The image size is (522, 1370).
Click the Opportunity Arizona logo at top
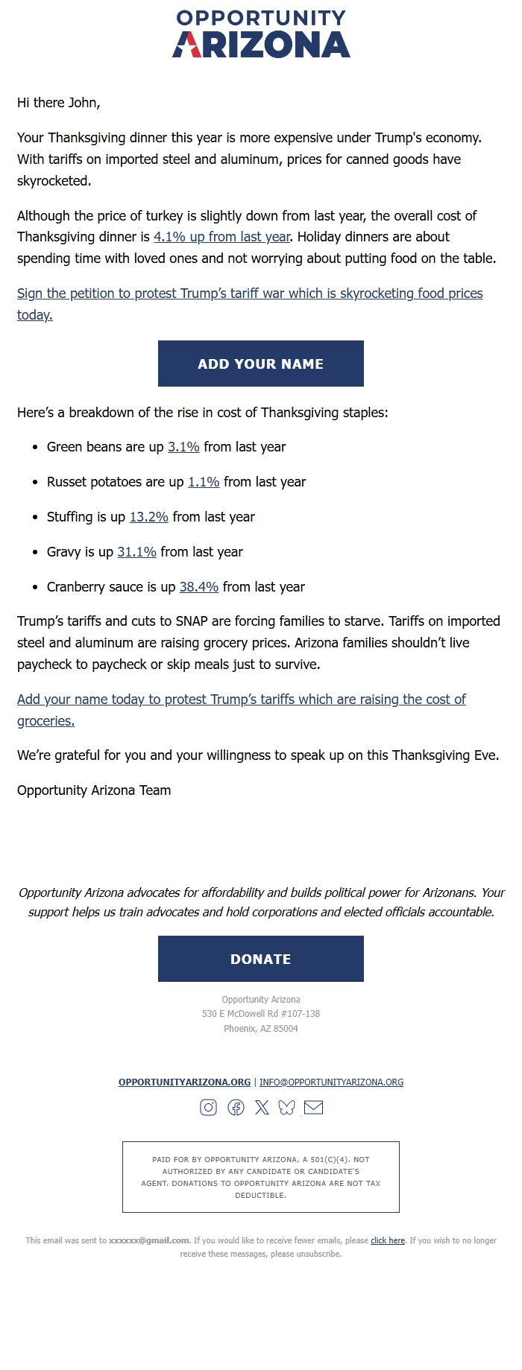[x=261, y=34]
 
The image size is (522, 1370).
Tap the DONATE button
[x=261, y=959]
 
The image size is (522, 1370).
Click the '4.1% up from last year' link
[x=221, y=237]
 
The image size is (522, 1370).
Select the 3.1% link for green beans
[x=183, y=447]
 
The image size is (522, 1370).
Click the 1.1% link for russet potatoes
[x=204, y=482]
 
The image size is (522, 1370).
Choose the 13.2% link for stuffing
[x=148, y=517]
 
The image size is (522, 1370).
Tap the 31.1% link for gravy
[x=136, y=552]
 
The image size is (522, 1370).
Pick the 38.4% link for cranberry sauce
[x=199, y=587]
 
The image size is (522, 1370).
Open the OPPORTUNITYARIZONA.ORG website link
[x=184, y=1082]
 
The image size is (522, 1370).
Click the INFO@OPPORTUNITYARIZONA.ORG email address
[x=331, y=1082]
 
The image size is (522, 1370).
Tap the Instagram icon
[x=209, y=1108]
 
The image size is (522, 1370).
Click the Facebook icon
[x=236, y=1108]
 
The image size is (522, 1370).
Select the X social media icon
[x=262, y=1108]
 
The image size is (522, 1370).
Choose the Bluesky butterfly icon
[x=287, y=1108]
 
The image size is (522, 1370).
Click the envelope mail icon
[x=314, y=1108]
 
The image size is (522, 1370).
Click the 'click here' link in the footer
[x=388, y=1240]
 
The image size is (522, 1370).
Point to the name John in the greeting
[x=82, y=103]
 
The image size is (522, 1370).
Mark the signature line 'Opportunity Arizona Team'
[x=94, y=790]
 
